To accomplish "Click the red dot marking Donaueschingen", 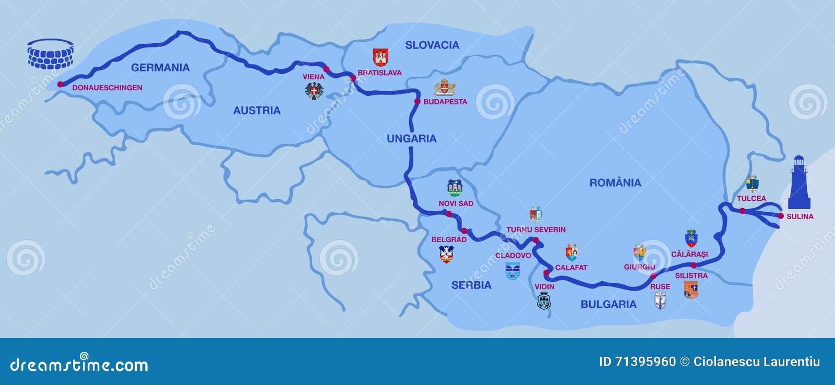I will point(60,84).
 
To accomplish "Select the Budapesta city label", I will point(445,102).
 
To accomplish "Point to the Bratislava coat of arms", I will point(380,57).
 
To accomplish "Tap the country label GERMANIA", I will point(160,67).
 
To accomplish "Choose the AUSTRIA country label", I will point(257,110).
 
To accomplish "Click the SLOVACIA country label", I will point(432,45).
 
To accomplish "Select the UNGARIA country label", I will point(411,138).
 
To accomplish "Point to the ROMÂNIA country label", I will point(615,183).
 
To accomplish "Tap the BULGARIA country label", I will point(609,304).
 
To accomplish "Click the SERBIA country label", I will point(471,285).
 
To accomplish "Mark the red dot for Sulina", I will point(780,215).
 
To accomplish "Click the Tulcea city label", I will point(751,198).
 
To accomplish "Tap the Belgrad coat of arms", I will point(446,254).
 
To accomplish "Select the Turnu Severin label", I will point(536,230).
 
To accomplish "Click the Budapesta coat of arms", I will point(445,87).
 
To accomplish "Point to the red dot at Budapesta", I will point(417,101).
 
